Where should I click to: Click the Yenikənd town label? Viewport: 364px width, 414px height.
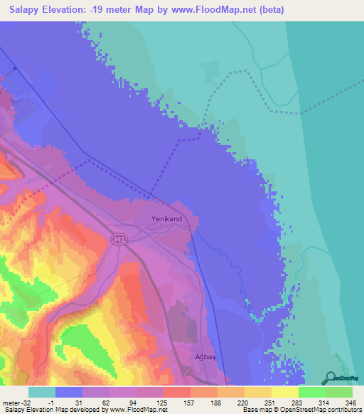(167, 219)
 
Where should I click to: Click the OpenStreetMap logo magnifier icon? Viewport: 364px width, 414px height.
(330, 377)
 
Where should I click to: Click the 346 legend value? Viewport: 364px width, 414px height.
(348, 402)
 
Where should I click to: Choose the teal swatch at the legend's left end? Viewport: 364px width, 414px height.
(41, 392)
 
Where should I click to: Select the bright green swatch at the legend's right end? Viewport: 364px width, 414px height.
(339, 392)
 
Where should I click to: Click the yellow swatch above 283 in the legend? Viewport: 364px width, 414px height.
(285, 392)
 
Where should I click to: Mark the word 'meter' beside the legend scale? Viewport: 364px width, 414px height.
(10, 402)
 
